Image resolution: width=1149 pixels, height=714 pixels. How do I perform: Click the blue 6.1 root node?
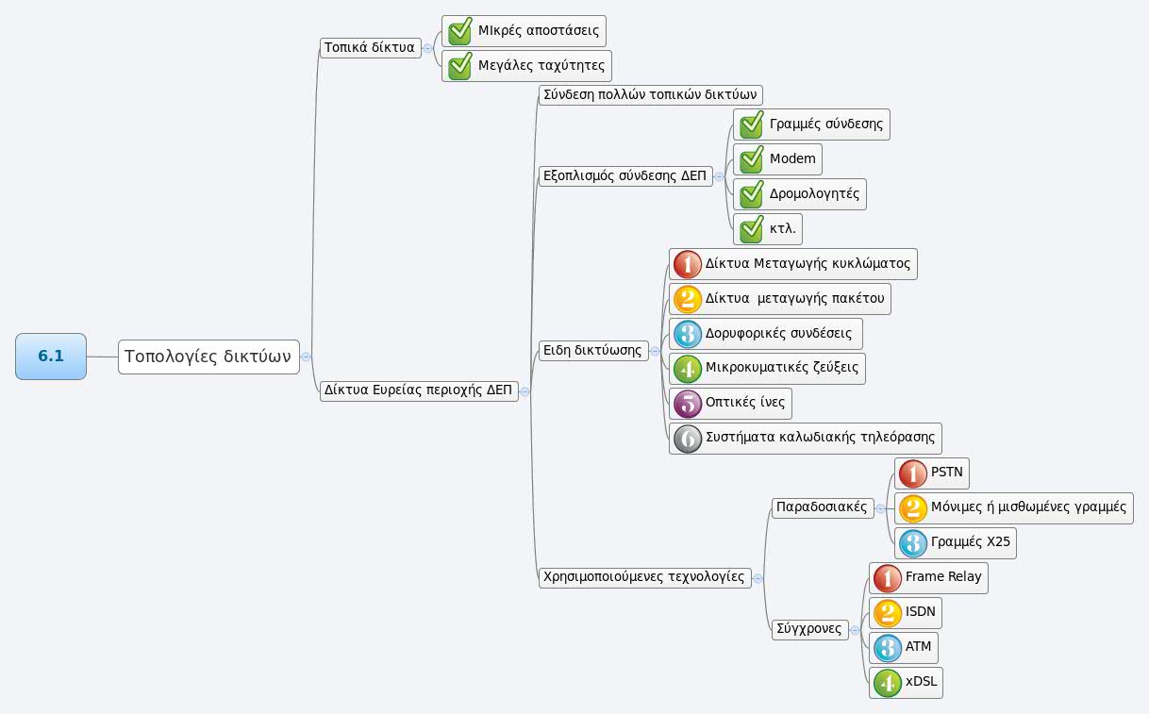51,357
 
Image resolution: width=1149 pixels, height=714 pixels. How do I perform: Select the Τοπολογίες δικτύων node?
208,357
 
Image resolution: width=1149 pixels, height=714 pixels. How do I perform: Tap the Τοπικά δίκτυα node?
370,47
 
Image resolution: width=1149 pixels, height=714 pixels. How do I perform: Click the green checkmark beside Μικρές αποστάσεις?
459,30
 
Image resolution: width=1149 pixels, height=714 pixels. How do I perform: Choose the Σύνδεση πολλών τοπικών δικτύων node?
650,95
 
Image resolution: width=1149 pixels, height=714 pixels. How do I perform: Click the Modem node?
791,159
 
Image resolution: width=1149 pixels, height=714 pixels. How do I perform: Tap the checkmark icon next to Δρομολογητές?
751,194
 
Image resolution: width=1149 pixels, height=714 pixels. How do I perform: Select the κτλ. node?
782,229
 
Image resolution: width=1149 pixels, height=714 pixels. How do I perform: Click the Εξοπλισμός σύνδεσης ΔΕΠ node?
624,175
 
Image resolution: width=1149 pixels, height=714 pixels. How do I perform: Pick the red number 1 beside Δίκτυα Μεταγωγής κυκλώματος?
687,264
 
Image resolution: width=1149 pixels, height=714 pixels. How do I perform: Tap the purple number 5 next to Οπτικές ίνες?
687,404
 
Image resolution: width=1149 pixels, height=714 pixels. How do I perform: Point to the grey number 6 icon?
687,439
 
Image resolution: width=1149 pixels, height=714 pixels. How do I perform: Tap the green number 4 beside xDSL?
887,683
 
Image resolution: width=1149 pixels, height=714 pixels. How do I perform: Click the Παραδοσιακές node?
821,507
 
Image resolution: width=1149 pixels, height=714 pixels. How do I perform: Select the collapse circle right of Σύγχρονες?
855,629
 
